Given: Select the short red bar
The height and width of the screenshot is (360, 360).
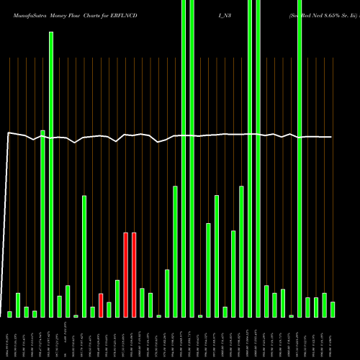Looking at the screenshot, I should [x=101, y=305].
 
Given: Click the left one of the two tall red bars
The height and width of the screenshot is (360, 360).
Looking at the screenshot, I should [x=125, y=274].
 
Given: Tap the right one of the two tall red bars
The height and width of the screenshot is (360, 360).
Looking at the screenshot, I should [x=134, y=274].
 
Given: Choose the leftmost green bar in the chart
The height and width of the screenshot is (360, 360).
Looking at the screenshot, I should [x=10, y=314].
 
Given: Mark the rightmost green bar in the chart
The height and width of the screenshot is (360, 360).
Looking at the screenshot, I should [x=333, y=310].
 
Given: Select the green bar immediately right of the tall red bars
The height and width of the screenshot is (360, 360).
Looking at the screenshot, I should [x=142, y=302].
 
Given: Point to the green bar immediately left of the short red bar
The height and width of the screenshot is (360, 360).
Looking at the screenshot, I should [x=93, y=312].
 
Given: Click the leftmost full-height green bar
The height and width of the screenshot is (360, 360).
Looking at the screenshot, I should [x=184, y=158].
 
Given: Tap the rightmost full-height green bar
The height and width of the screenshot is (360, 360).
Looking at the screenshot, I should [x=300, y=158].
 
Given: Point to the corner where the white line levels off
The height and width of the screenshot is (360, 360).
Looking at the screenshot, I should [x=8, y=133].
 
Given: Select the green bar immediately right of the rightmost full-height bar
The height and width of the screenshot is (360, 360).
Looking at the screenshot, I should [x=307, y=307].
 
